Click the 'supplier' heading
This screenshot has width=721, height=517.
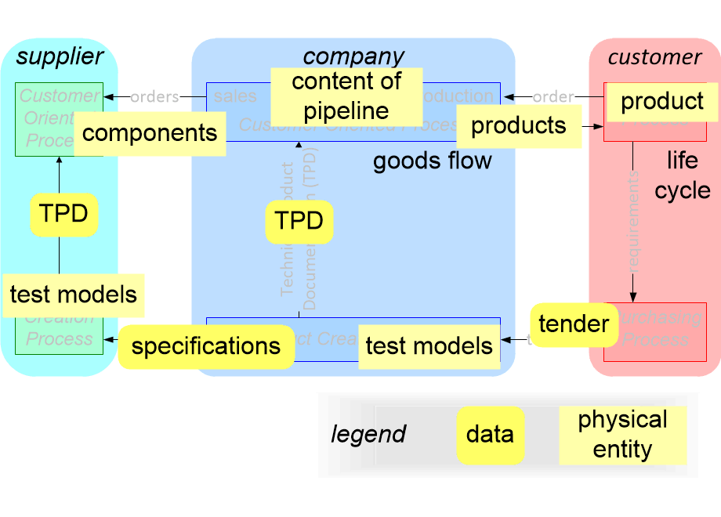click(60, 56)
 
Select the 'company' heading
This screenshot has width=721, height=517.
click(353, 56)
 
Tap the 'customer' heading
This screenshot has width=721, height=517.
click(654, 56)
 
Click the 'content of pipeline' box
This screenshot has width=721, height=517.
click(346, 95)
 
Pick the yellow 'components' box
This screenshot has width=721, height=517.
click(150, 132)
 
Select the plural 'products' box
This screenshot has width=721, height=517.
click(519, 125)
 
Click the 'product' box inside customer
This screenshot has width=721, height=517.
click(662, 101)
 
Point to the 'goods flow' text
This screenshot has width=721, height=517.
click(433, 161)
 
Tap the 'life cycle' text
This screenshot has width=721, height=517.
click(683, 175)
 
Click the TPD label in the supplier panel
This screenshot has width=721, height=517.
click(63, 214)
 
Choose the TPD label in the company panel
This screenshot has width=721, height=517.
click(299, 222)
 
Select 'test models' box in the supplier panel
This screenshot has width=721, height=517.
click(74, 295)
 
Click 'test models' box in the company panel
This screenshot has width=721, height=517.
click(429, 346)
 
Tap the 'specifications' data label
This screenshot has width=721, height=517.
click(205, 346)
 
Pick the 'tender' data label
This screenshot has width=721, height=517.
click(574, 324)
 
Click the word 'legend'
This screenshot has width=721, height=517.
click(368, 434)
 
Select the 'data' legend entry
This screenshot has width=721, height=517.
click(490, 435)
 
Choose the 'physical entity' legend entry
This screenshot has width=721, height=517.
click(622, 435)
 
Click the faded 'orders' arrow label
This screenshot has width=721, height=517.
click(154, 97)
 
